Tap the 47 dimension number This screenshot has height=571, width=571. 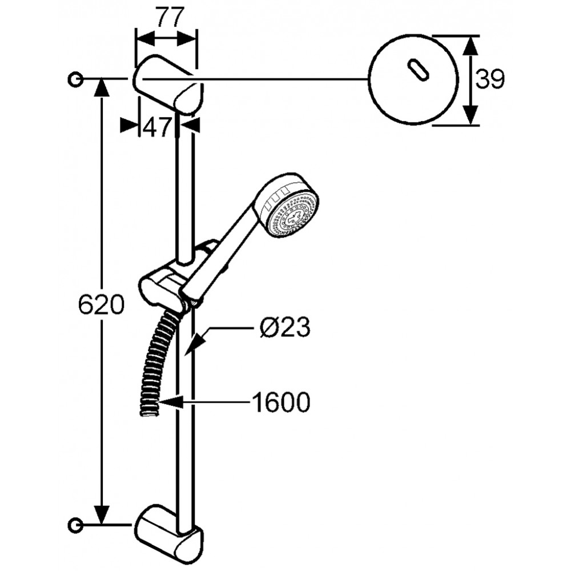point(156,127)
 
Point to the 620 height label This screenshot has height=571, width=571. point(101,304)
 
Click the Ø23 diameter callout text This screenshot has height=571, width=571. point(285,327)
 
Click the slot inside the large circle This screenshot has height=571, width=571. point(419,69)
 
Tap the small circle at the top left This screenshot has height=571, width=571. point(75,79)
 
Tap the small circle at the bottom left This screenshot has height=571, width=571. point(75,525)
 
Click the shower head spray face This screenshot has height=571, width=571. point(293,216)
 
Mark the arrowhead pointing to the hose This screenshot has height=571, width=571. point(171,402)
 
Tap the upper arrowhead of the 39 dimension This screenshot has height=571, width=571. point(471,47)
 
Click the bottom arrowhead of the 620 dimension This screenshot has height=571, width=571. point(101,513)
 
